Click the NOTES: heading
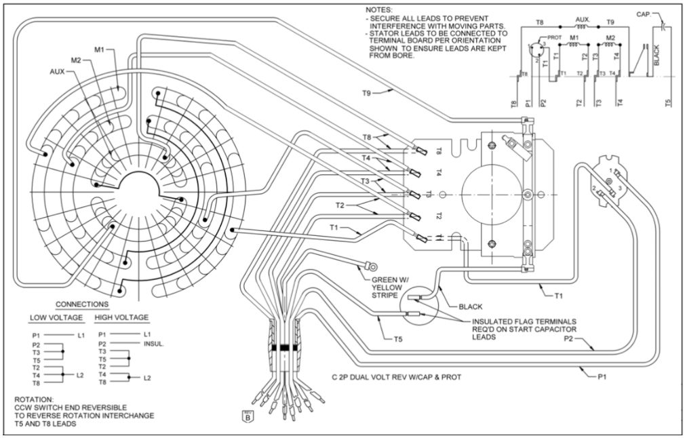[377, 9]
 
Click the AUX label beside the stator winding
[58, 70]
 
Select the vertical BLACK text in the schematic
[655, 55]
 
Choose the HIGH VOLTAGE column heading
[123, 317]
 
